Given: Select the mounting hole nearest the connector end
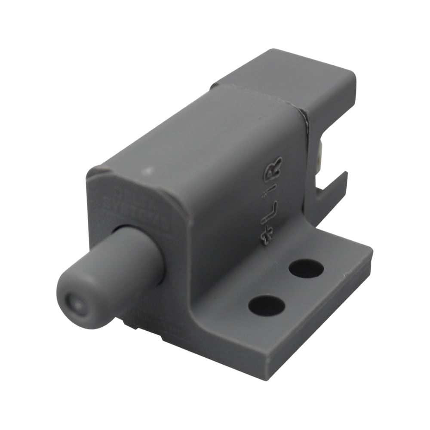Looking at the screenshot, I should click(306, 268).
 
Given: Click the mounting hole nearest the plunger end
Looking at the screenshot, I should click(266, 305).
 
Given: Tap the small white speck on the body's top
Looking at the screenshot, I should click(149, 171).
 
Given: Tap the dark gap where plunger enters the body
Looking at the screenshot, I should click(163, 262).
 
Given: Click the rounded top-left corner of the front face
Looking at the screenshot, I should click(97, 172).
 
